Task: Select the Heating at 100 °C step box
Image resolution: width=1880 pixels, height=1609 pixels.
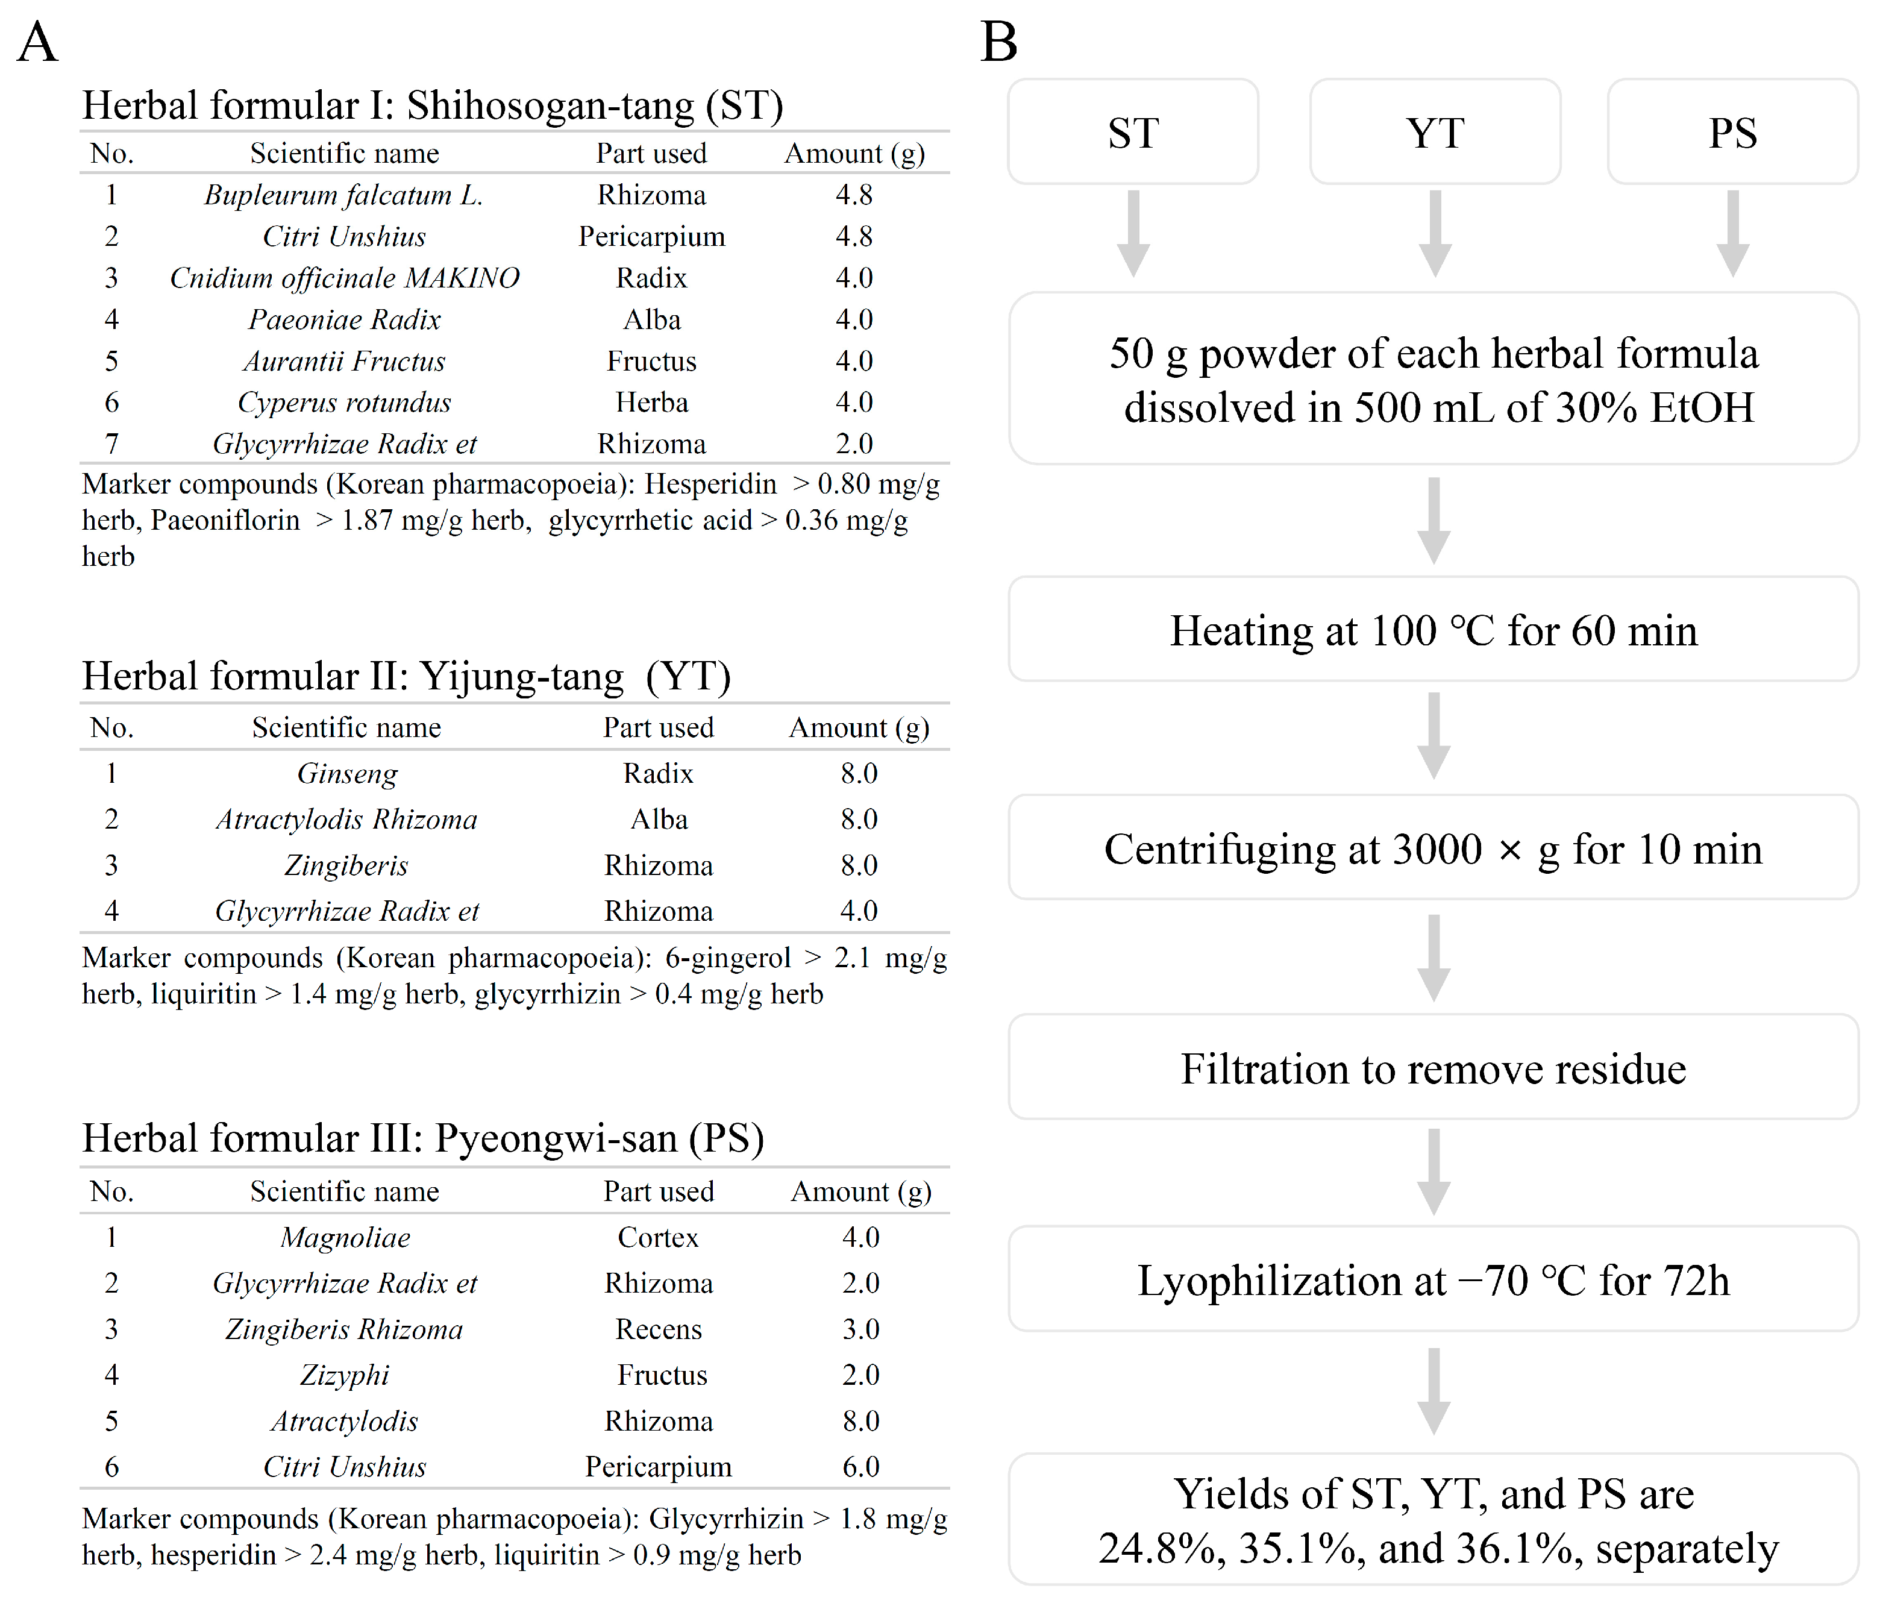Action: (1433, 630)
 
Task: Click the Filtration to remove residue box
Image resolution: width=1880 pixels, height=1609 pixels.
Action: (1433, 1068)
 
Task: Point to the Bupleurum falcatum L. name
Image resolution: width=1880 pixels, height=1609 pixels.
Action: (343, 195)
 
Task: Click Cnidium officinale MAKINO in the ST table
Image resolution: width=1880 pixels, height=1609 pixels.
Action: (344, 278)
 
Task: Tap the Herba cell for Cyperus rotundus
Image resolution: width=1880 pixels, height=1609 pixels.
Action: (651, 402)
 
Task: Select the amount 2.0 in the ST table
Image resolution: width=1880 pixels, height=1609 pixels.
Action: (854, 444)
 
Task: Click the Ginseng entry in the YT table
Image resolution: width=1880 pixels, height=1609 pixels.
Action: (346, 773)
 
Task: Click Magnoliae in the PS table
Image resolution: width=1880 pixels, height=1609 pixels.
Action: (345, 1237)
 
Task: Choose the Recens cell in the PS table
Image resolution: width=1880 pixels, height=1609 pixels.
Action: (659, 1329)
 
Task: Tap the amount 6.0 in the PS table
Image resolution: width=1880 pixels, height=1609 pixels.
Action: (860, 1467)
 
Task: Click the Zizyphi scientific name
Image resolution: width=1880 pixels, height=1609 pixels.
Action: (345, 1375)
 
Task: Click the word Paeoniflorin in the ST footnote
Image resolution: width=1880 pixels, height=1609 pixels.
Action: (225, 521)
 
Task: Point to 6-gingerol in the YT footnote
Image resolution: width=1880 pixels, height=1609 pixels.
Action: (728, 958)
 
